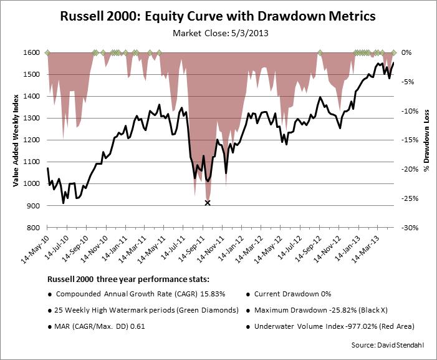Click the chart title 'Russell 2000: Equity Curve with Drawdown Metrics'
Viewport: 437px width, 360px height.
[x=218, y=16]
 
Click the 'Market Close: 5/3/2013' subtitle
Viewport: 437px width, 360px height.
[x=218, y=32]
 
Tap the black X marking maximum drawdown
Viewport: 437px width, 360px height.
[x=208, y=203]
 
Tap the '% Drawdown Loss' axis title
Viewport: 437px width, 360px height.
[x=427, y=140]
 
